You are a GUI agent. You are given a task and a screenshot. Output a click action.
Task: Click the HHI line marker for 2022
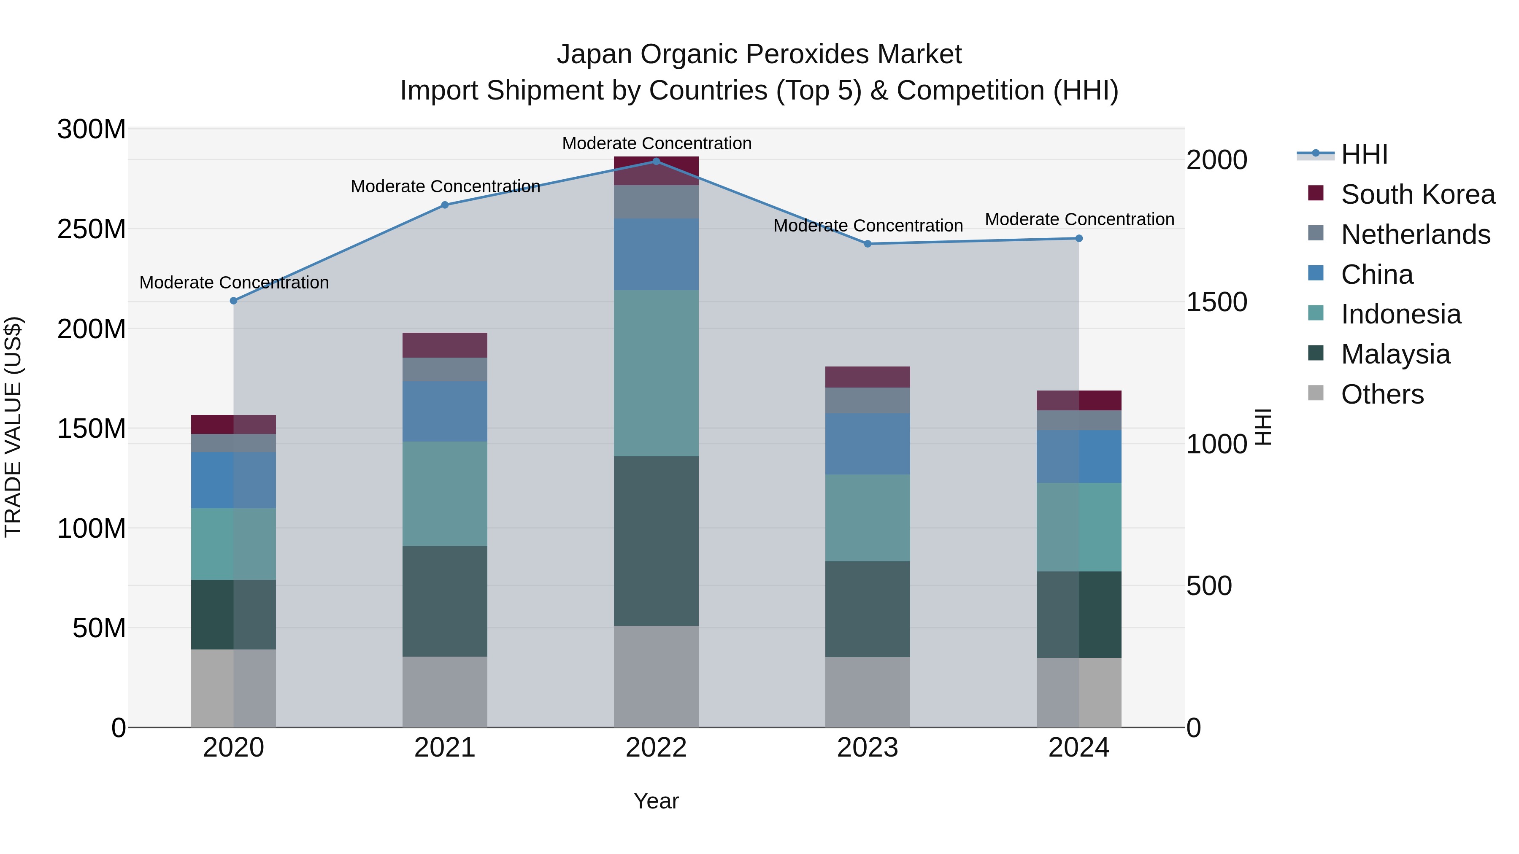click(x=656, y=161)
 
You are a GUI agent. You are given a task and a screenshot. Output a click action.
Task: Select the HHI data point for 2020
click(x=233, y=301)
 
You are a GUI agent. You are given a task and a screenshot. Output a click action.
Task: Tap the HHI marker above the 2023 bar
click(x=868, y=243)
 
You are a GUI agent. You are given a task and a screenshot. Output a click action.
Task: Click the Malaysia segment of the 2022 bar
click(x=656, y=541)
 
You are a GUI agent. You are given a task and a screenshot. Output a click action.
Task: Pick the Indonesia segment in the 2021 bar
click(x=445, y=493)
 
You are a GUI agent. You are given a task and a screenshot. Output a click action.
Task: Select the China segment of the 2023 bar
click(x=868, y=443)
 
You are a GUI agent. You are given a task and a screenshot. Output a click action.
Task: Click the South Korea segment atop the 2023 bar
click(x=868, y=377)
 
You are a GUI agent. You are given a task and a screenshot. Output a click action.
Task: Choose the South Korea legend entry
click(x=1418, y=194)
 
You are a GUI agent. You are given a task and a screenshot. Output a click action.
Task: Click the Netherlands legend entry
click(x=1415, y=234)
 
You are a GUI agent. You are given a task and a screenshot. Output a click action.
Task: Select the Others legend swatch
click(x=1316, y=393)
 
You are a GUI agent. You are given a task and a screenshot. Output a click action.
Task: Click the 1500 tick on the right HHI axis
click(x=1216, y=302)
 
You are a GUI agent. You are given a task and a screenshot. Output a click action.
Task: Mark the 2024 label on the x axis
click(x=1078, y=748)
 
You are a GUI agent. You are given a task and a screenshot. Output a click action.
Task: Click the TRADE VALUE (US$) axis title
click(x=14, y=427)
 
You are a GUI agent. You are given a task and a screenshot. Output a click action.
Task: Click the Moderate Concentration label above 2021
click(x=445, y=187)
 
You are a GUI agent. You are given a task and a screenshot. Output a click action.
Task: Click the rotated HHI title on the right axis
click(x=1263, y=427)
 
